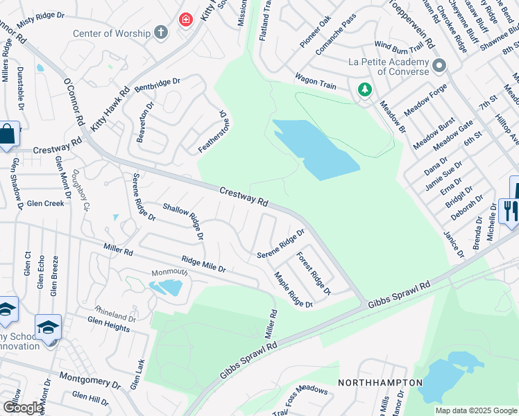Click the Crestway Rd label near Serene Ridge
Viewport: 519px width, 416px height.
[244, 195]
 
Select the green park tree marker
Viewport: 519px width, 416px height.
[364, 89]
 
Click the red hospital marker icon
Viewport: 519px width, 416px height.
[186, 19]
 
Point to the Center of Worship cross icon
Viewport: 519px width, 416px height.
[160, 33]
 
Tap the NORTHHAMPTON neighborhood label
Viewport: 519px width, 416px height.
[380, 383]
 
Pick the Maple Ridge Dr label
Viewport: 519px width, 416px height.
[293, 290]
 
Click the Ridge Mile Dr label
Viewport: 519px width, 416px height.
[203, 264]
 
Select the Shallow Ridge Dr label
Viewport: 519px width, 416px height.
[183, 220]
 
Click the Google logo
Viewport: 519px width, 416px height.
[23, 408]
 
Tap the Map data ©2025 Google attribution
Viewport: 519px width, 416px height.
[475, 410]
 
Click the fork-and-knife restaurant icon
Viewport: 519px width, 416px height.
[509, 211]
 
